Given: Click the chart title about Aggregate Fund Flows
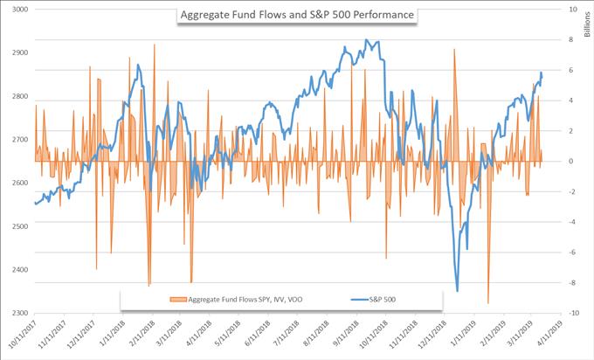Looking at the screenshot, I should [x=296, y=15].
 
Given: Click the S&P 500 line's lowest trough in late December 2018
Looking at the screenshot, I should [x=457, y=291].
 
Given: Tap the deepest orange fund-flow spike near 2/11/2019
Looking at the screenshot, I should [x=487, y=302].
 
